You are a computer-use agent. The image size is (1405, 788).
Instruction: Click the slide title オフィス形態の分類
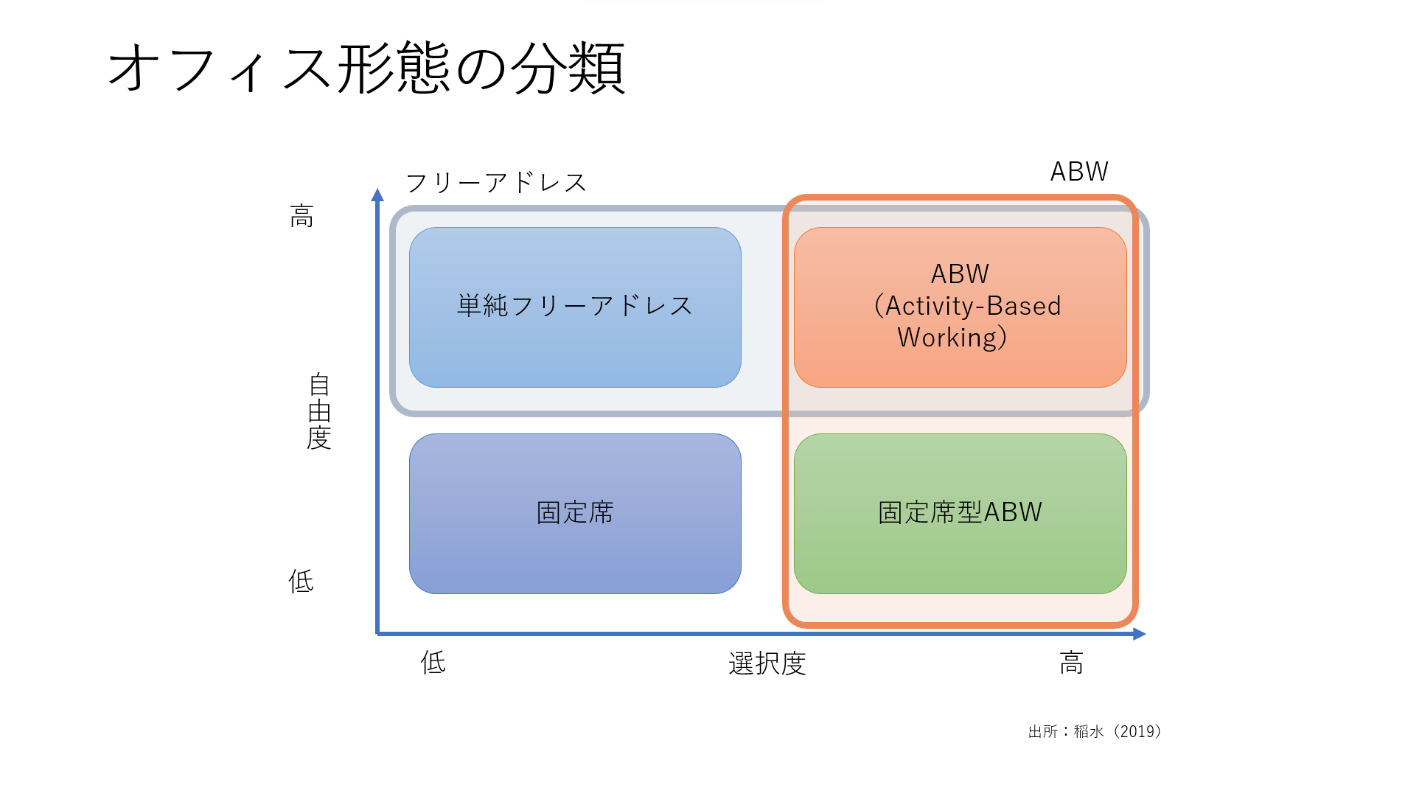tap(366, 69)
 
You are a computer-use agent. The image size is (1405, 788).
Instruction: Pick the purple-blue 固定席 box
tap(575, 513)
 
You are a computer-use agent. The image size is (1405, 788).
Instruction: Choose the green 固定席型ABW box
tap(960, 513)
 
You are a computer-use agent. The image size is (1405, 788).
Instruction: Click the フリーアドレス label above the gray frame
tap(496, 183)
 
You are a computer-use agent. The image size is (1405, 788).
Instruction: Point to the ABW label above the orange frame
tap(1078, 172)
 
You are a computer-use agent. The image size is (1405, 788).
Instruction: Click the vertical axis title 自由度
tap(319, 411)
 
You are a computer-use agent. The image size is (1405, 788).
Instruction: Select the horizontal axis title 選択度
tap(767, 663)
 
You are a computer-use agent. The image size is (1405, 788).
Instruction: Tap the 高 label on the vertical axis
tap(301, 217)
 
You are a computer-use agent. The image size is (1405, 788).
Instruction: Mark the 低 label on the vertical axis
tap(301, 582)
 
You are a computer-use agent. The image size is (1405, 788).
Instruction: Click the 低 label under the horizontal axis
tap(433, 663)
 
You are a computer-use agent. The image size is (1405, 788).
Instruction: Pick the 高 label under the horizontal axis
tap(1071, 663)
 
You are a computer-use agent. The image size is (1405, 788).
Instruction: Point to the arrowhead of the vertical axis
tap(377, 195)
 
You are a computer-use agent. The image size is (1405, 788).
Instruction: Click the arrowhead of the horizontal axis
tap(1140, 634)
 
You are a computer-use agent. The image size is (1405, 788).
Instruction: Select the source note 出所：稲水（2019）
tap(1095, 731)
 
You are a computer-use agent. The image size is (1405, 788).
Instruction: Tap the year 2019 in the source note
tap(1138, 731)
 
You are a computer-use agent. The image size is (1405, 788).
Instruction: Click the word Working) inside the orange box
tap(952, 338)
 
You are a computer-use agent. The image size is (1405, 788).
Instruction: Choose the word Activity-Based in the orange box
tap(973, 306)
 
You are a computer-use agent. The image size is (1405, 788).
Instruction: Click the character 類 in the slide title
tap(598, 69)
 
